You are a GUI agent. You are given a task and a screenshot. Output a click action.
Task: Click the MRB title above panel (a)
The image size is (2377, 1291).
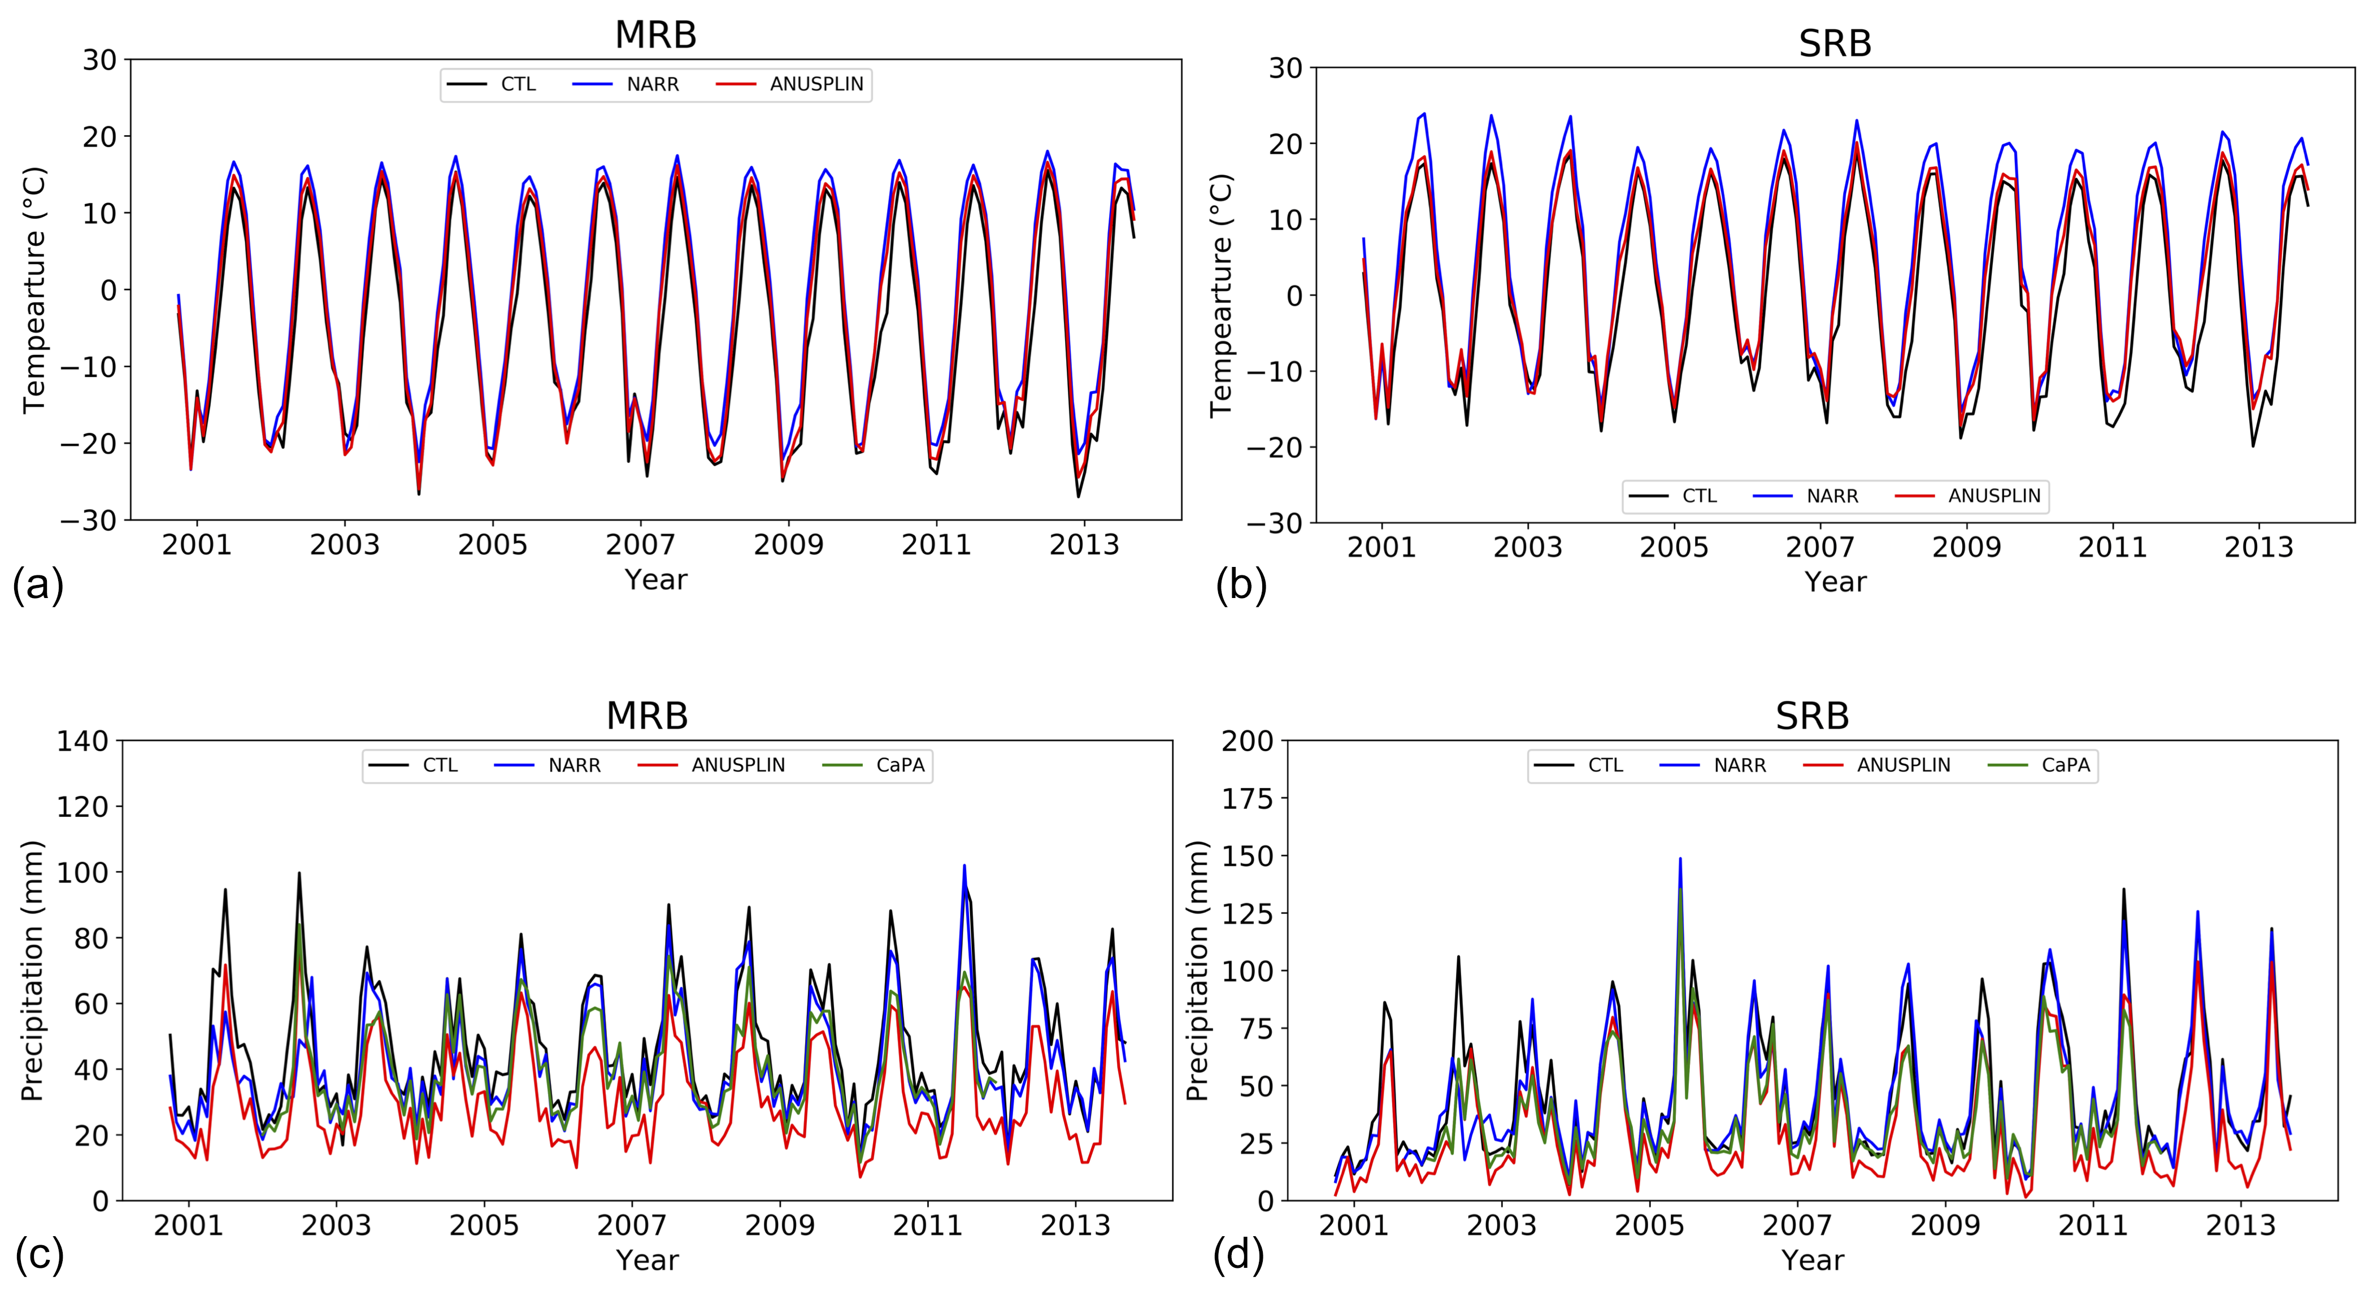click(x=655, y=35)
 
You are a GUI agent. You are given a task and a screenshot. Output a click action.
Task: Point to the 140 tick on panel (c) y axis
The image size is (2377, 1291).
click(x=83, y=741)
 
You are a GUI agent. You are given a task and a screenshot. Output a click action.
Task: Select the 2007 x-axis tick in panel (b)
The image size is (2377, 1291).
click(x=1820, y=547)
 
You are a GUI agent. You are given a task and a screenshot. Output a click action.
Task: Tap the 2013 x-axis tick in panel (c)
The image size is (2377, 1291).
click(x=1075, y=1225)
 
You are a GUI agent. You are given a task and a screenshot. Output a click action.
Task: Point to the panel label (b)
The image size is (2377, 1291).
click(x=1241, y=585)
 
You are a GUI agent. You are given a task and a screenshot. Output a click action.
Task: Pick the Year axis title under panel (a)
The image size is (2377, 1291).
click(x=655, y=579)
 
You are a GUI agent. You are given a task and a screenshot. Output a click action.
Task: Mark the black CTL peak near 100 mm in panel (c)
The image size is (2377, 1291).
click(x=299, y=873)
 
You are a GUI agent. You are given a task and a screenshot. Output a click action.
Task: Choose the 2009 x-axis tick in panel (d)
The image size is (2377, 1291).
click(x=1945, y=1225)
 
